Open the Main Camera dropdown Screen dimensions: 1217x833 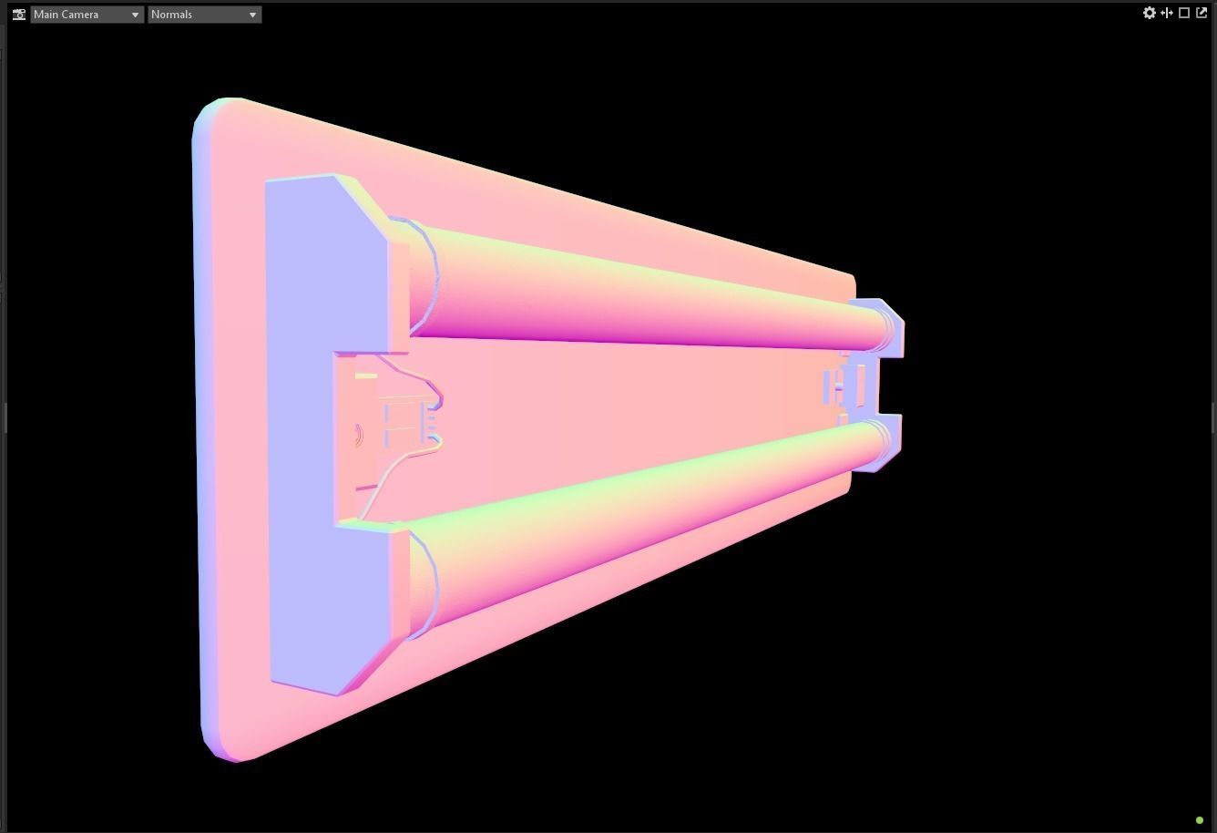(x=87, y=15)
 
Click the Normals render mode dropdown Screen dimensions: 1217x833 (x=204, y=15)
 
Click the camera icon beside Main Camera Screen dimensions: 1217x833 (x=19, y=15)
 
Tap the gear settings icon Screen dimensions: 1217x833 (x=1149, y=13)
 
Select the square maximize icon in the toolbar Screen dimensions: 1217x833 (x=1184, y=13)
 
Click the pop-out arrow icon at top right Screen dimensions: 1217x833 (x=1202, y=13)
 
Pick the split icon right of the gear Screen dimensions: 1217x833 (x=1167, y=13)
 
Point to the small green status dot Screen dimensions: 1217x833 (x=1200, y=820)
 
